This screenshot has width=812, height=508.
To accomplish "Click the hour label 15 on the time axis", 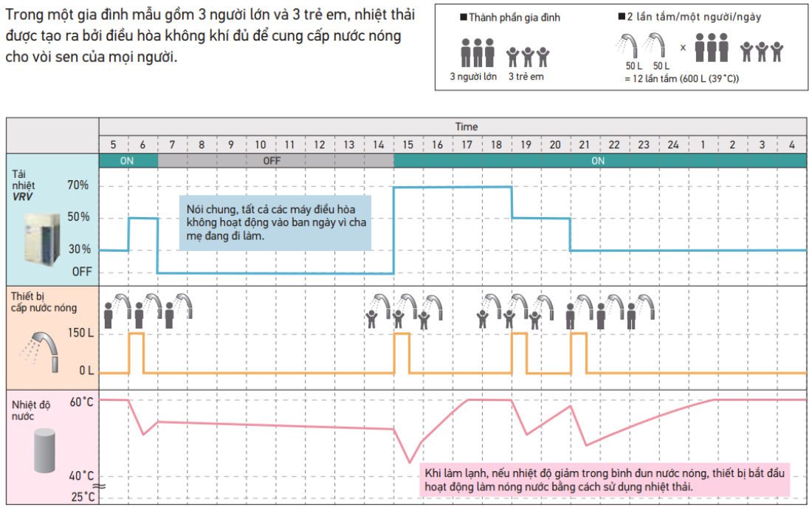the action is [x=408, y=145].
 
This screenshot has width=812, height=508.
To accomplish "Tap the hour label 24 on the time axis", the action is [x=673, y=145].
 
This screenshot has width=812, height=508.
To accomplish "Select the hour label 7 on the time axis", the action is [x=172, y=145].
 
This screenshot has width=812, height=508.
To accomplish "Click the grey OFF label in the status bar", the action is [x=272, y=161].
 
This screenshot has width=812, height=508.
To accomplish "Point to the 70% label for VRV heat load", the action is [x=78, y=185].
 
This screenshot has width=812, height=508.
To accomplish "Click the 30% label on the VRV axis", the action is [x=79, y=249].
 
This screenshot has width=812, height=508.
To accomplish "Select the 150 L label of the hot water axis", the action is [x=80, y=332].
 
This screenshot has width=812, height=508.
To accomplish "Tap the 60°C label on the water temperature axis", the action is [x=82, y=402].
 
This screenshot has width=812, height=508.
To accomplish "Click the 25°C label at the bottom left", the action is [x=83, y=497].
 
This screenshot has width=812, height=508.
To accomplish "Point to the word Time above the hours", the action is [x=466, y=127].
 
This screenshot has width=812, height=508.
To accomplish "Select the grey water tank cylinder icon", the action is [x=44, y=450].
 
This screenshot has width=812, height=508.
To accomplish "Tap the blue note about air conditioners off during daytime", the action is [x=275, y=223].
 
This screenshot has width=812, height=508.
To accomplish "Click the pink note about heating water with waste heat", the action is [x=605, y=479].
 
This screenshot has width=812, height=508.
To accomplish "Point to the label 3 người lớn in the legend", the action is [x=473, y=77].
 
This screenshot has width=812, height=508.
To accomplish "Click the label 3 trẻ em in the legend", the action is [x=526, y=77].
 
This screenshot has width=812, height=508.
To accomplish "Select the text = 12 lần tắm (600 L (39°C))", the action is [x=681, y=79].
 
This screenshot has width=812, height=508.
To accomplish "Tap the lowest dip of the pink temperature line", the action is [x=410, y=462].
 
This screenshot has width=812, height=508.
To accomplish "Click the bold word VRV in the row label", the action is [x=22, y=197].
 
